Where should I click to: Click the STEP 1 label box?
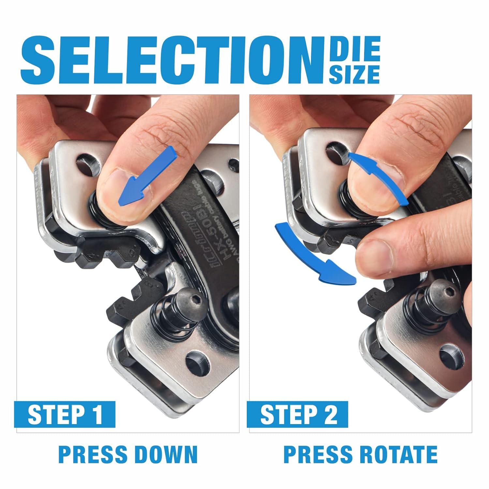65,414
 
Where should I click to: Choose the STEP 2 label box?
297,414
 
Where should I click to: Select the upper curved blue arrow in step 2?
380,178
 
